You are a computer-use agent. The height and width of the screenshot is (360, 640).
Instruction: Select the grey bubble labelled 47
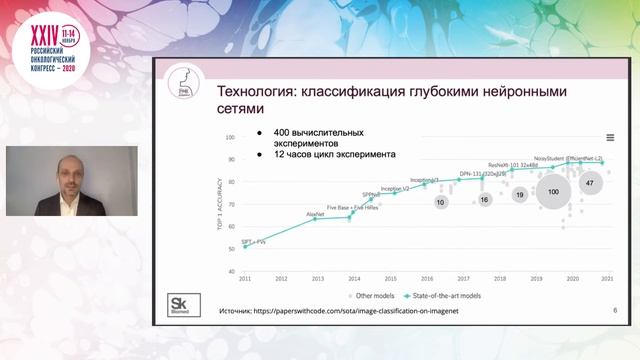[590, 184]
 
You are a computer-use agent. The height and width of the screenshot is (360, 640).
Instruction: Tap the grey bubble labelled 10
[440, 202]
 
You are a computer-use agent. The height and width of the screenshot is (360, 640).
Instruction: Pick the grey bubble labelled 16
[485, 200]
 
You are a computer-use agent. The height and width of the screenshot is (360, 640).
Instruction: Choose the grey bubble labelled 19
[520, 195]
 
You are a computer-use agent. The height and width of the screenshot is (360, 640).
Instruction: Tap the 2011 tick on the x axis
[244, 278]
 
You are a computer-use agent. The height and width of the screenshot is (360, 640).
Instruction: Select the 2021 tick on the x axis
[607, 278]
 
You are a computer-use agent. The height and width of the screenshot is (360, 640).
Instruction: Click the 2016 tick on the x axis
[426, 278]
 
